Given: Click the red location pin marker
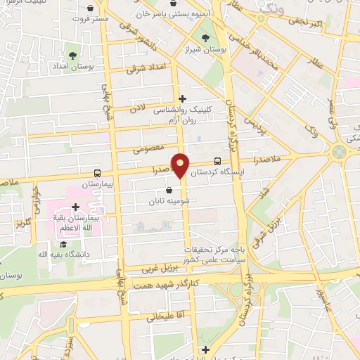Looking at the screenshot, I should pos(181,165).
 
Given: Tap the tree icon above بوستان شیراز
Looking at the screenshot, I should pos(205,38).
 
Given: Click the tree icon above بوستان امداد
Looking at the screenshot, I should pos(73,55).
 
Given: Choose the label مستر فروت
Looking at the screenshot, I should pos(92,19).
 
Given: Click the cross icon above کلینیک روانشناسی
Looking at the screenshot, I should pos(183,98).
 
